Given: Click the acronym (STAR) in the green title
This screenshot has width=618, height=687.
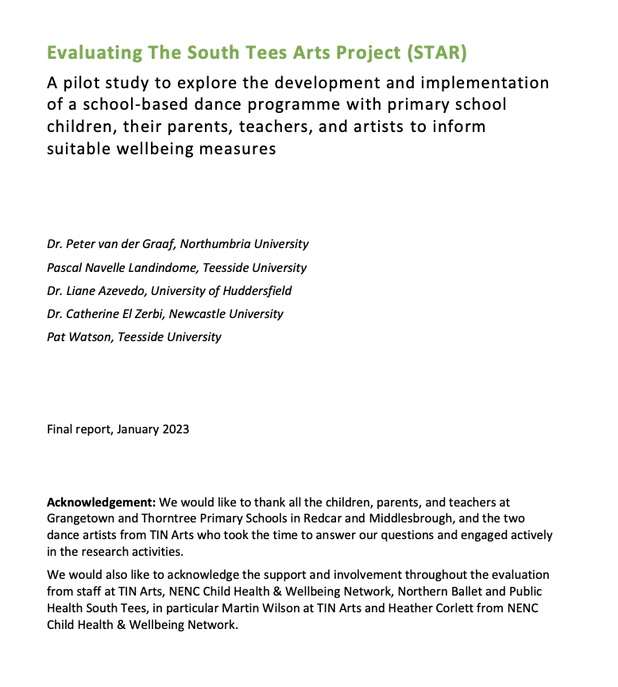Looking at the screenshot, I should [x=435, y=53].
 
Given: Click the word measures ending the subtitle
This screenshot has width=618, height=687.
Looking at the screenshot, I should [x=241, y=148].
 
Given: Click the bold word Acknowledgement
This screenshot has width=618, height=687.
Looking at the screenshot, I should [x=101, y=503].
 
